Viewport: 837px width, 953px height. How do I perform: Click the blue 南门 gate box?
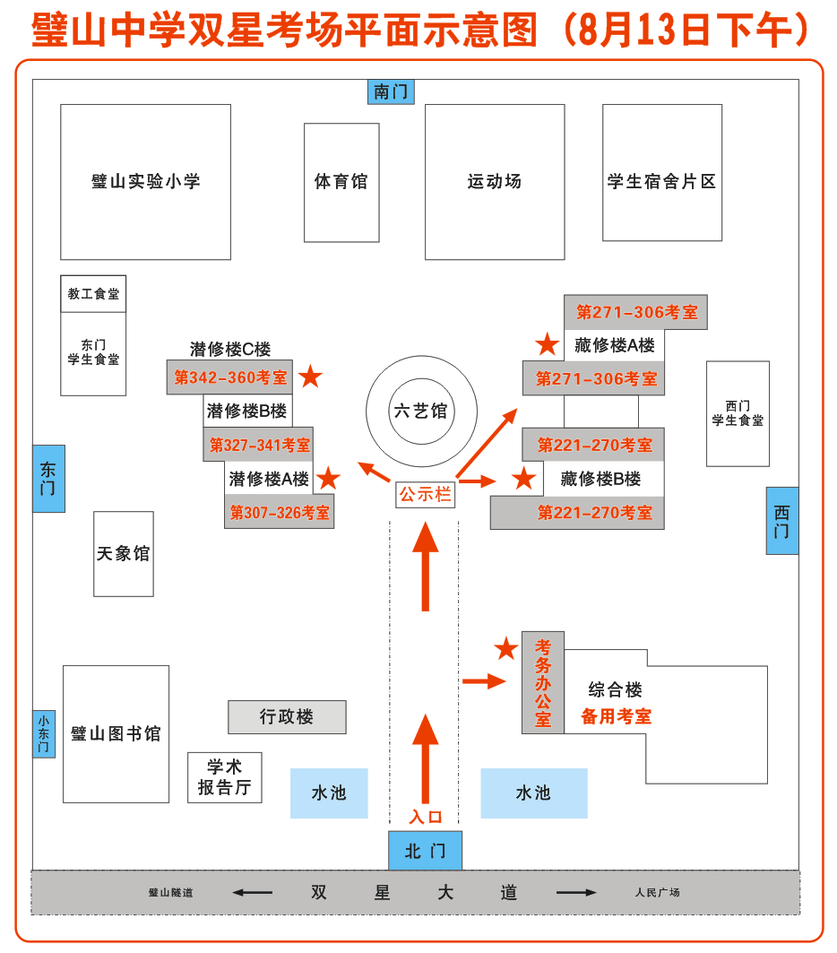391,91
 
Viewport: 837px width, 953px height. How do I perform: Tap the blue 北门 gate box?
425,850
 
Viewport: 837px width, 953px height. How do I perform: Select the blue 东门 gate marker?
48,479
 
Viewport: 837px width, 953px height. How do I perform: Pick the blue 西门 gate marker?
782,521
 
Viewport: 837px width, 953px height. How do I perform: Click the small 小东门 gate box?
44,733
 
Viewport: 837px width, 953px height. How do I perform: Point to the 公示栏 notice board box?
425,494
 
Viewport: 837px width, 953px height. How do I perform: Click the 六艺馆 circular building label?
421,411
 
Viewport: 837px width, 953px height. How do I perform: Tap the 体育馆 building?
341,182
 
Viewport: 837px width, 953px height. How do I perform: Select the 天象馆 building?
124,554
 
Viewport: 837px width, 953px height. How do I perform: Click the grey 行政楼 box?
288,717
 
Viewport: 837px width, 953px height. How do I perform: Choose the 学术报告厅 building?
225,777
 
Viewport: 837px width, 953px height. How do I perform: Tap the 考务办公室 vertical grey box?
543,682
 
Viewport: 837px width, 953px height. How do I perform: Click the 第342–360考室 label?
230,377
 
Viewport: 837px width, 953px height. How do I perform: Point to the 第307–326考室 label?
280,512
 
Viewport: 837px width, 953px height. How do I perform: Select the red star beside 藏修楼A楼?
548,344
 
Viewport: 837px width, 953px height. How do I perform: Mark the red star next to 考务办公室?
506,648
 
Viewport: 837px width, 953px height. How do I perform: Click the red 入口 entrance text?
425,816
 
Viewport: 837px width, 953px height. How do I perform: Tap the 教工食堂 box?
93,293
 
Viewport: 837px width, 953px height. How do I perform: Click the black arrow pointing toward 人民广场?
576,892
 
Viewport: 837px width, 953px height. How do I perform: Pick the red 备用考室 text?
616,716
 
